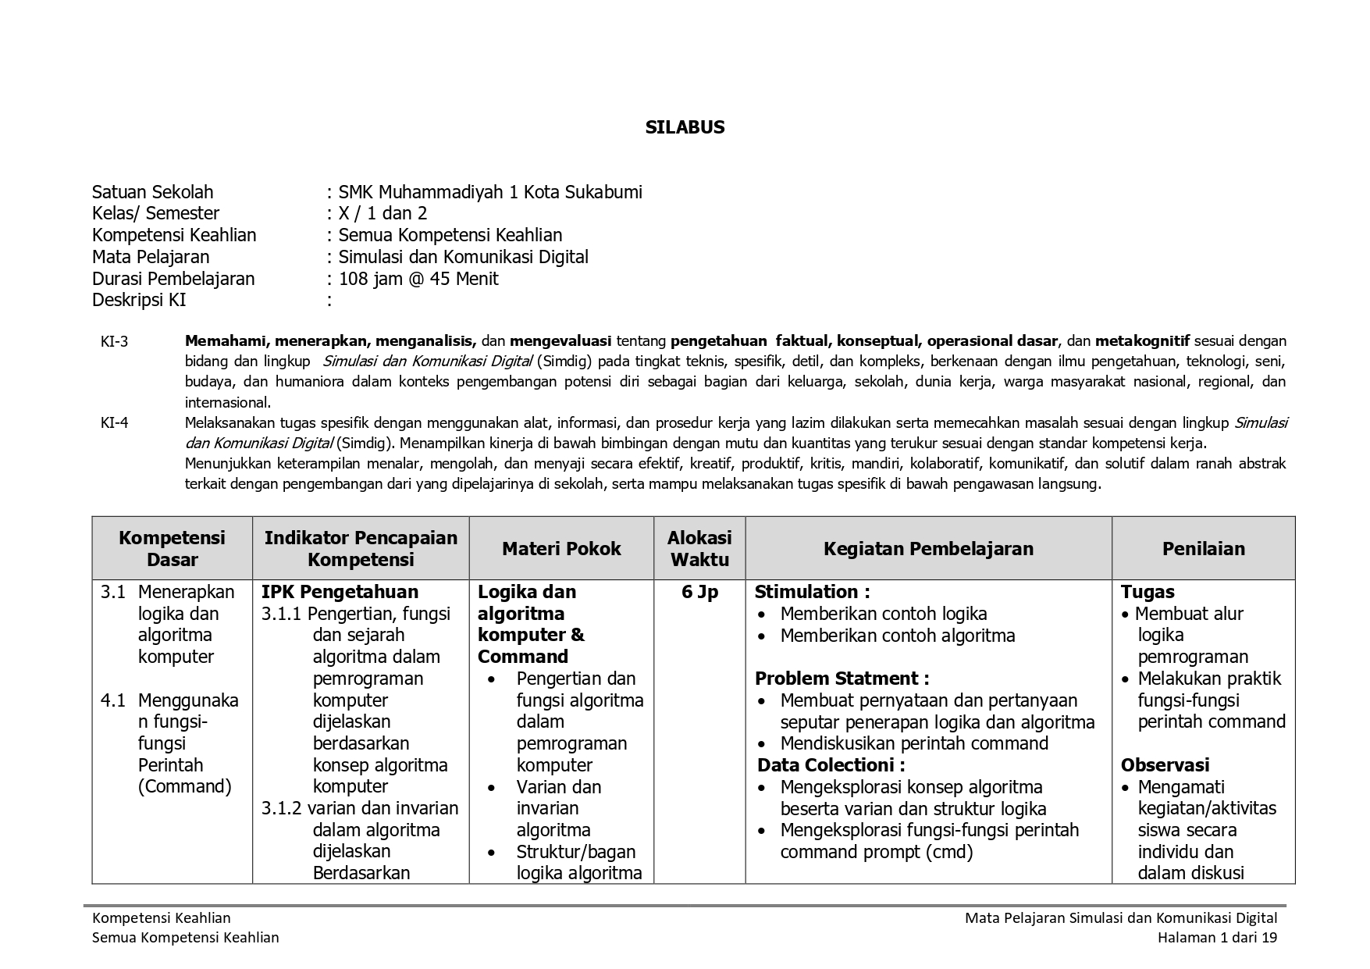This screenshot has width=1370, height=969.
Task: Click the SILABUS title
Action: click(685, 127)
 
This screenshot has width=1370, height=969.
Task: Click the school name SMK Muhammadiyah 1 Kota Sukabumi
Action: click(490, 192)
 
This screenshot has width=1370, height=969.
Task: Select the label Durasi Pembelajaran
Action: click(173, 279)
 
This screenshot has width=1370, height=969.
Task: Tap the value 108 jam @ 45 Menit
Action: click(418, 279)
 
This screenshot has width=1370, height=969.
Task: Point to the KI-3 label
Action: click(114, 341)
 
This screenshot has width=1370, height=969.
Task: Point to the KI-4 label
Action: click(114, 423)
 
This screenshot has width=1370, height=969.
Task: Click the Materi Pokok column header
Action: click(561, 549)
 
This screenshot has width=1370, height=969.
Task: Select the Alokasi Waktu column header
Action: click(699, 548)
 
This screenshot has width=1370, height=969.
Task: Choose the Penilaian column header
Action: click(1203, 549)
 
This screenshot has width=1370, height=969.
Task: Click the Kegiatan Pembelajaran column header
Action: click(928, 549)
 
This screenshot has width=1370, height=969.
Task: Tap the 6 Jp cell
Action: click(699, 592)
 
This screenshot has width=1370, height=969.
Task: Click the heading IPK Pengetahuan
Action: click(340, 592)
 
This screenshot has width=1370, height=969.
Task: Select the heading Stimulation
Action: click(812, 592)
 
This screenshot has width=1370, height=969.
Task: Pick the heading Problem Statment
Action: click(842, 679)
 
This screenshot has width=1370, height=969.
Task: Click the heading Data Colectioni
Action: click(831, 765)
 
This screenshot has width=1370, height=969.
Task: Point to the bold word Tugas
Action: click(1148, 592)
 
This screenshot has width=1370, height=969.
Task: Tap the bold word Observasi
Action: click(1165, 765)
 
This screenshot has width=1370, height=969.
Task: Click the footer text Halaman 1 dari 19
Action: click(1217, 938)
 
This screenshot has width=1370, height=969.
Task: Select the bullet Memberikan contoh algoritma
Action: click(897, 636)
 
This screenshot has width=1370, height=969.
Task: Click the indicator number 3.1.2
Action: click(281, 808)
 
